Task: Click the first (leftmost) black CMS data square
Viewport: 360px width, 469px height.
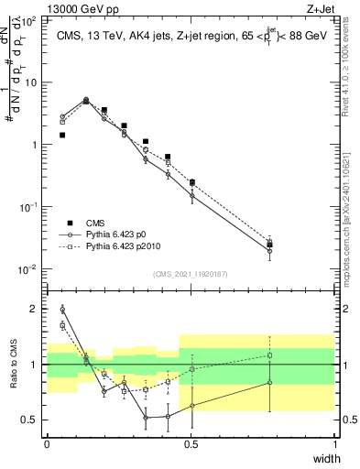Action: click(62, 135)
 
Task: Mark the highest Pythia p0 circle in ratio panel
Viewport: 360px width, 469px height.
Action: click(62, 309)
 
